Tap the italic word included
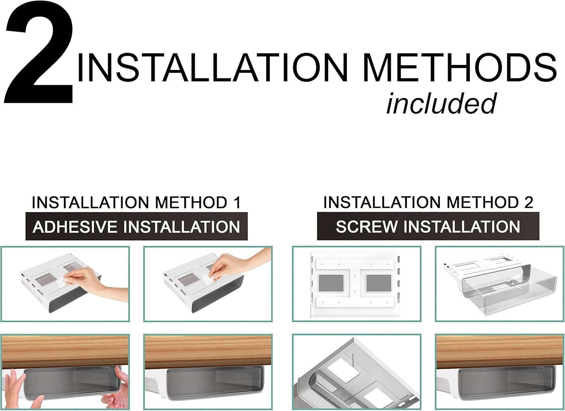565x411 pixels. click(441, 104)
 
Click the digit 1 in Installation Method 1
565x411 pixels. click(237, 202)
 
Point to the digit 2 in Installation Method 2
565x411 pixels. click(529, 202)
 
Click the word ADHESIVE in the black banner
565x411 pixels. click(75, 226)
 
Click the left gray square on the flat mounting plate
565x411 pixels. click(331, 283)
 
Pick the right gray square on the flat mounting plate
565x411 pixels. click(379, 283)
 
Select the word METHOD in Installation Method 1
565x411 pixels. click(191, 202)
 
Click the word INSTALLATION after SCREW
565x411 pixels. click(462, 226)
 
